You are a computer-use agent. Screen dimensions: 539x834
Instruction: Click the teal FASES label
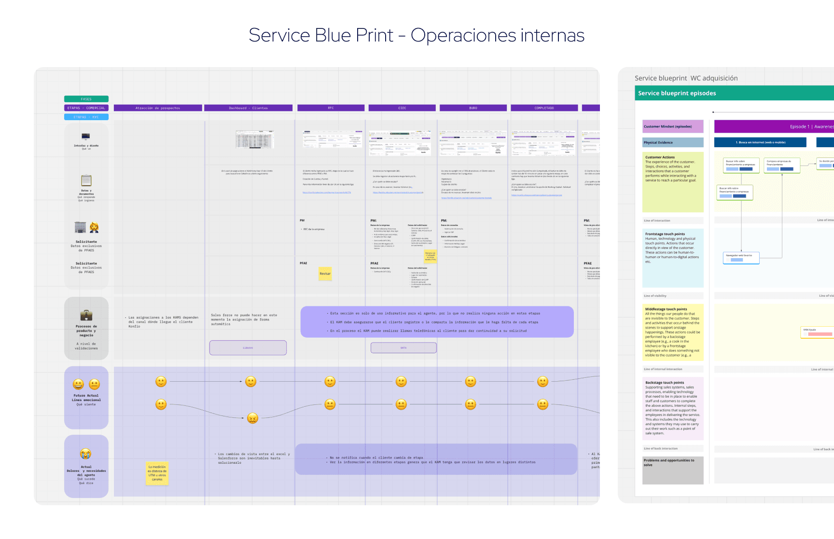click(x=86, y=99)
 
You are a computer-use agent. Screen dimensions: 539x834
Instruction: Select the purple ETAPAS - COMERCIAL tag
click(x=86, y=108)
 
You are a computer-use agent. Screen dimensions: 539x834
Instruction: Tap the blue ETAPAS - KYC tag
click(x=86, y=117)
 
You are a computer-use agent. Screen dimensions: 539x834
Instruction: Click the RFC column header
click(x=331, y=108)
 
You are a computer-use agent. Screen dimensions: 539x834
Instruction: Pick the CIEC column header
click(x=402, y=108)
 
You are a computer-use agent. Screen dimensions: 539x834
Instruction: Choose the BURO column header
click(x=473, y=108)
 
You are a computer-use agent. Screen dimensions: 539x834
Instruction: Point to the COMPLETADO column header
click(x=544, y=108)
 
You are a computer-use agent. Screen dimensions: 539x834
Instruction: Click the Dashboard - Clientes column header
click(x=248, y=108)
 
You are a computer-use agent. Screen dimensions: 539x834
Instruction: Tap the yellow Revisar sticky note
click(x=325, y=274)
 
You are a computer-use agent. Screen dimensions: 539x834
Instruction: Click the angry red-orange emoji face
click(x=252, y=418)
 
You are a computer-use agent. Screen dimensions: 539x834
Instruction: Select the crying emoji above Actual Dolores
click(x=85, y=454)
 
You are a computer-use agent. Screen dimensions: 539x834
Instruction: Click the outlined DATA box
click(x=403, y=347)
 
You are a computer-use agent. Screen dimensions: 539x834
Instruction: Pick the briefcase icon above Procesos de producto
click(x=86, y=315)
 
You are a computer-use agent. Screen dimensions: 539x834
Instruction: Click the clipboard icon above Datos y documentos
click(x=86, y=180)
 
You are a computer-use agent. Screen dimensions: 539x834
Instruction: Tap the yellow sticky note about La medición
click(x=157, y=473)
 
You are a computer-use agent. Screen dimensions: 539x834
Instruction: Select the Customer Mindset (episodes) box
click(x=673, y=126)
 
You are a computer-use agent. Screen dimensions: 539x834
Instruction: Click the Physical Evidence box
click(x=673, y=142)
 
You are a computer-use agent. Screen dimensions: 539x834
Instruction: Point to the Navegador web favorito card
click(x=741, y=258)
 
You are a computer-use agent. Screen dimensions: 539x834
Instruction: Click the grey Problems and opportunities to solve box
click(x=673, y=470)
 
